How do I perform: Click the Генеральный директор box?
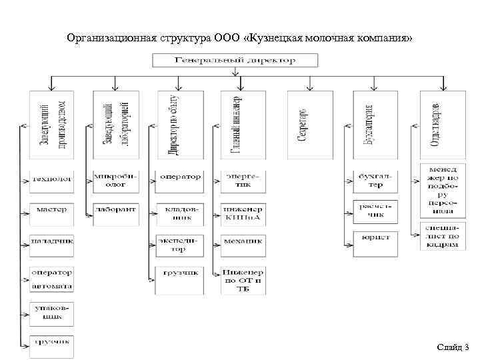click(x=235, y=60)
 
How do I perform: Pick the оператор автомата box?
click(x=51, y=279)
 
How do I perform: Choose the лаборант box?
click(x=115, y=210)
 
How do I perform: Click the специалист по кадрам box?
click(x=442, y=236)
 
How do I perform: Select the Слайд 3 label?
click(x=453, y=347)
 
